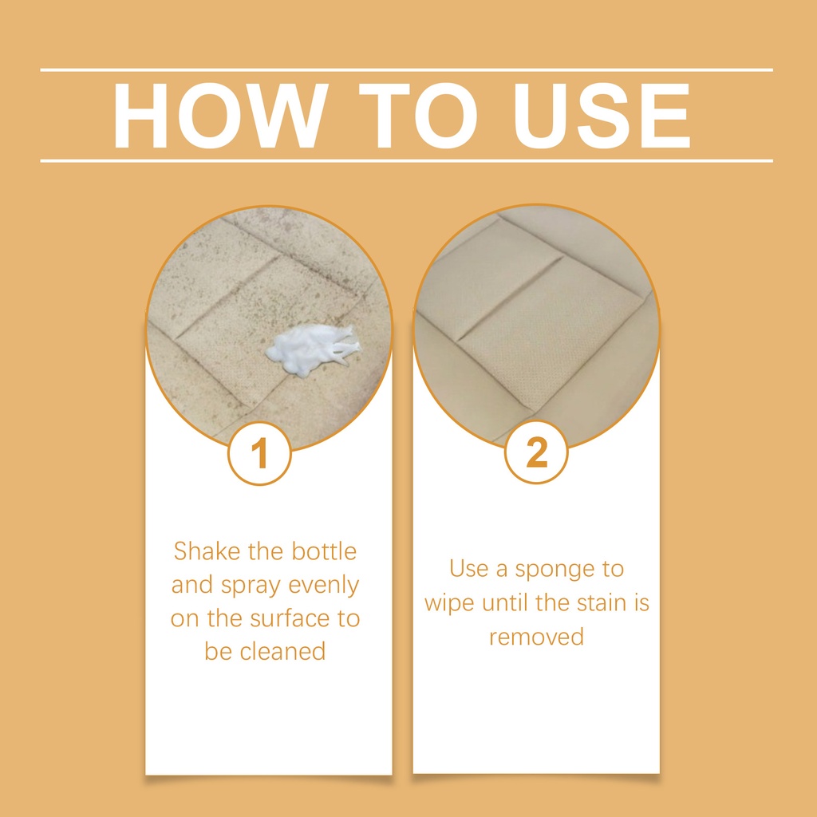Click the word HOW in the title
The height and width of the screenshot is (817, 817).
[220, 116]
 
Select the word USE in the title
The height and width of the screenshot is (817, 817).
[602, 116]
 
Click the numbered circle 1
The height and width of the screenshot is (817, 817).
[259, 453]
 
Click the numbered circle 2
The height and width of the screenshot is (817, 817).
[536, 452]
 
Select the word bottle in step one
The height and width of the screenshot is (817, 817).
[324, 551]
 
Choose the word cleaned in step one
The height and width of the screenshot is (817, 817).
[283, 651]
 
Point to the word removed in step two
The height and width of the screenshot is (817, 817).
[536, 637]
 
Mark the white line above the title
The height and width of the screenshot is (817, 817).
[406, 70]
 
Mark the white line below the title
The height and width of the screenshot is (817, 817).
[406, 161]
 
